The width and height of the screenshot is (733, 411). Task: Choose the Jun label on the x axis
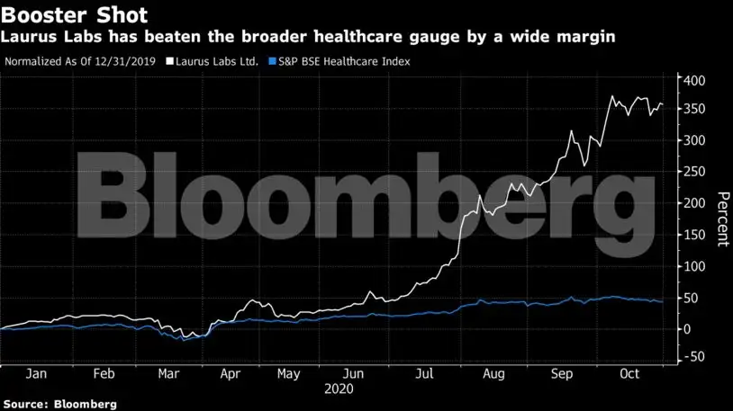[x=355, y=374]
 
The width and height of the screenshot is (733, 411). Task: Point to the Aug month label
[x=491, y=374]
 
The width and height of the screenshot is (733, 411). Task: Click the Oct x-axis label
[x=628, y=374]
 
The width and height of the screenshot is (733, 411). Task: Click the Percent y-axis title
[x=722, y=219]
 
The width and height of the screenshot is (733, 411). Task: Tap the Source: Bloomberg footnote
[x=59, y=404]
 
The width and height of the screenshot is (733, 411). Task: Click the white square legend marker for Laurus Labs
[x=170, y=62]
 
